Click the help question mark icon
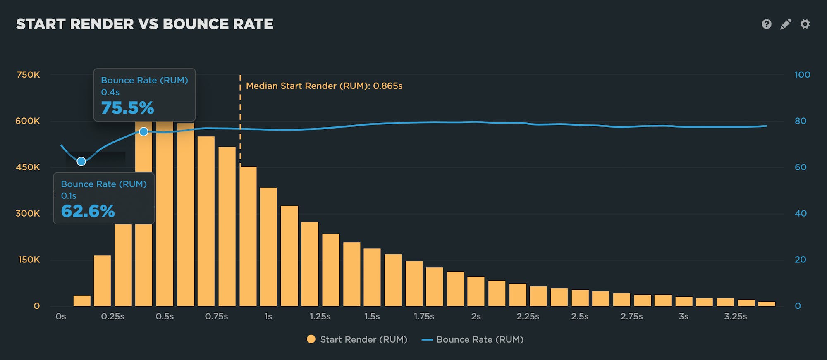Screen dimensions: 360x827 click(766, 24)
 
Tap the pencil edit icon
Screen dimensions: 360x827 click(786, 24)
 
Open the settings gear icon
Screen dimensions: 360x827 click(805, 24)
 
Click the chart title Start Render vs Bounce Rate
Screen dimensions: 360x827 click(145, 24)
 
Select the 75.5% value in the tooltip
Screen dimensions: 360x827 click(127, 108)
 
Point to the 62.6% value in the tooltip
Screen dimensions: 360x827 click(88, 211)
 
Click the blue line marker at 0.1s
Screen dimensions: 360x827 click(81, 161)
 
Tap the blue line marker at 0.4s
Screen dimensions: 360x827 click(143, 132)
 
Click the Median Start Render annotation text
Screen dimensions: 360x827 click(324, 86)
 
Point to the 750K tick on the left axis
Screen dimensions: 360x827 click(28, 75)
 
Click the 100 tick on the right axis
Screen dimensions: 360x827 click(802, 75)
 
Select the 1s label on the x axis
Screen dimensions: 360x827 click(268, 317)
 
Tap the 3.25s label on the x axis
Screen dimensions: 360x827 click(735, 317)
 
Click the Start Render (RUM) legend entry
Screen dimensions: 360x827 click(357, 339)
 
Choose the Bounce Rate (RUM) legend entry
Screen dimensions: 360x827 click(473, 339)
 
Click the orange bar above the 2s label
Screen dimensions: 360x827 click(476, 291)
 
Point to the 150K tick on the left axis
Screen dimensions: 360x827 click(29, 260)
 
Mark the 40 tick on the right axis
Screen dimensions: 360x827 click(801, 214)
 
